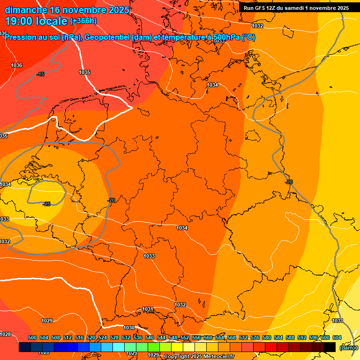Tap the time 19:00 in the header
click(18, 21)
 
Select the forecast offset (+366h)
click(83, 21)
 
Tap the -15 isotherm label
click(40, 75)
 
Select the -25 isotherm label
click(46, 204)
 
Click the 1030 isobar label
click(129, 328)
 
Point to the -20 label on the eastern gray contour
click(289, 182)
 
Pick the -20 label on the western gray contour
click(111, 200)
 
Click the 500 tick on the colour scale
click(32, 338)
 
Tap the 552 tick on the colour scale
click(185, 338)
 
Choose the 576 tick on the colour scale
click(255, 338)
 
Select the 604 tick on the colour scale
click(337, 338)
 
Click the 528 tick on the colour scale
click(114, 338)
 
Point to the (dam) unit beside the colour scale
click(347, 348)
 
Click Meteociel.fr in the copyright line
click(216, 357)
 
